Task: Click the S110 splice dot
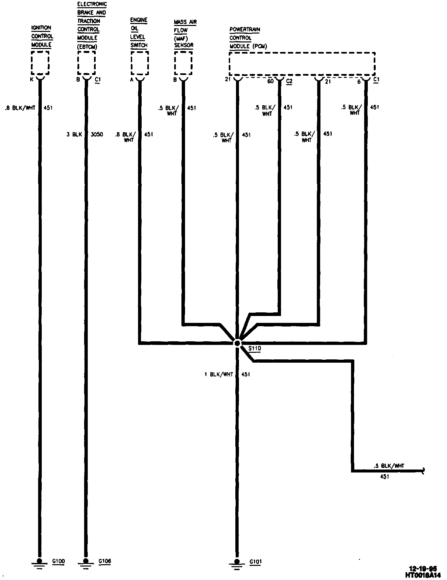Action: tap(237, 343)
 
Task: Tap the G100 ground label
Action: tap(59, 561)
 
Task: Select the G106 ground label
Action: tap(105, 561)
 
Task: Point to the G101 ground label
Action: tap(255, 562)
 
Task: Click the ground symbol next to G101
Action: tap(236, 564)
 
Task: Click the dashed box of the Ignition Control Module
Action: tap(40, 63)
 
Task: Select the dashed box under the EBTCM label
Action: tap(86, 63)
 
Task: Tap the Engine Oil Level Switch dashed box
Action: tap(140, 63)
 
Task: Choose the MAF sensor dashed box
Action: tap(183, 63)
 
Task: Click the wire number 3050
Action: tap(97, 134)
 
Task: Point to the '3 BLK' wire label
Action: tap(74, 134)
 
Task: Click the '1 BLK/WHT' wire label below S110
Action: tap(219, 374)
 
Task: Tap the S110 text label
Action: tap(254, 349)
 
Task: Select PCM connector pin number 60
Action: tap(270, 81)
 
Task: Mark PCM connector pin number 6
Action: tap(359, 82)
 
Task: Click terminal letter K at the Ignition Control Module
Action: tap(32, 79)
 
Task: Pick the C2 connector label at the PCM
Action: tap(289, 81)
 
